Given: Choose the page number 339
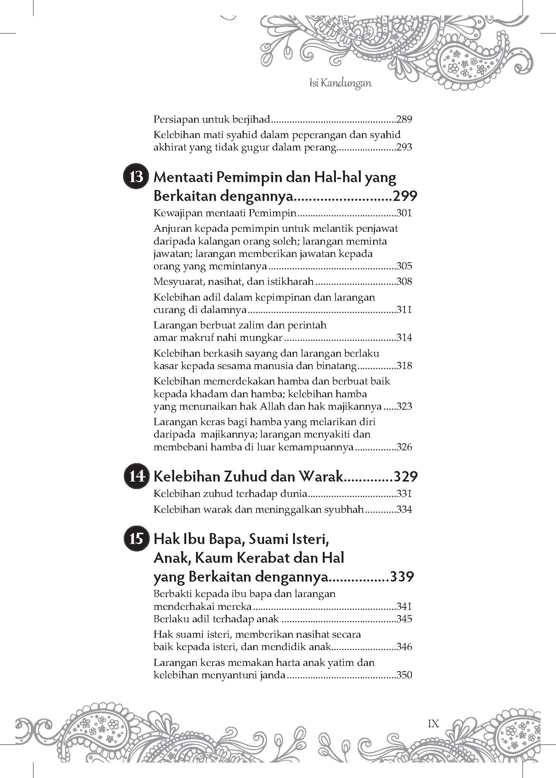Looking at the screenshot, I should coord(402,577).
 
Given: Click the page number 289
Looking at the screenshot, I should coord(404,120).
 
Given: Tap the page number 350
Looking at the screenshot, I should coord(404,675).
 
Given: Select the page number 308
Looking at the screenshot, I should coord(404,281).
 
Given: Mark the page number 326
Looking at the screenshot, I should coord(404,447).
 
